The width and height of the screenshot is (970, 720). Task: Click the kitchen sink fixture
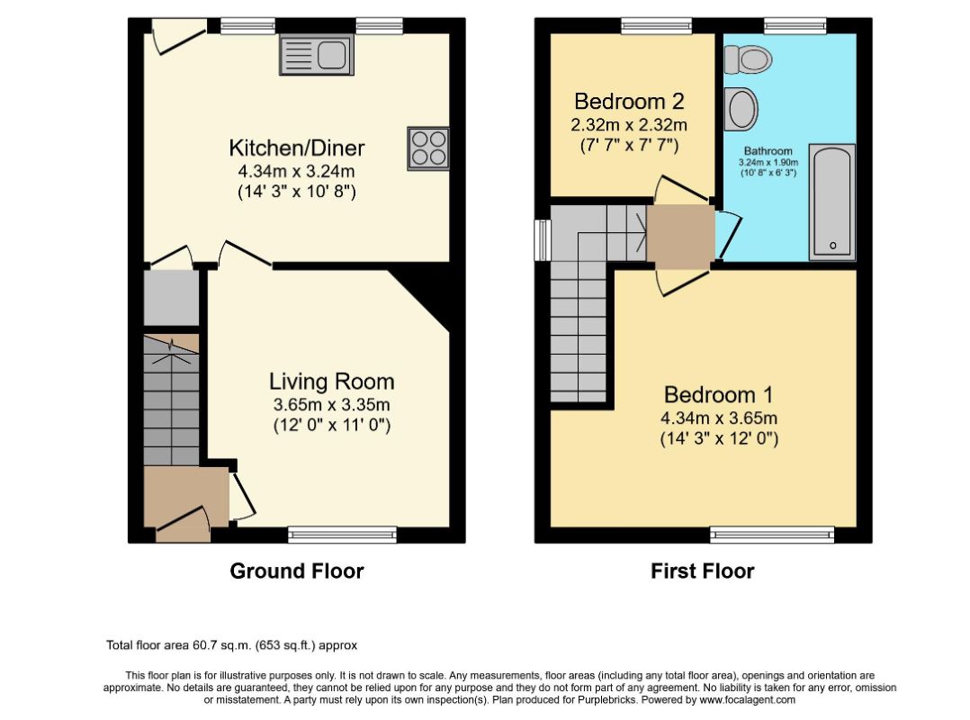point(317,54)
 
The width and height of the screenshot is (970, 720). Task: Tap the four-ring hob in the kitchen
point(428,148)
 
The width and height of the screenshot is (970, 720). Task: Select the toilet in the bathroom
point(748,59)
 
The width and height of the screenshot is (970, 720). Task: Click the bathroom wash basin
point(741,109)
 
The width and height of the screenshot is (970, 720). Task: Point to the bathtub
point(832,202)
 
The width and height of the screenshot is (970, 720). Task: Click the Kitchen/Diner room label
point(297,148)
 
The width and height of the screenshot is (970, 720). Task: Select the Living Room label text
point(331,381)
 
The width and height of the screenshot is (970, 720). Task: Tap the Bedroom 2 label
point(630,101)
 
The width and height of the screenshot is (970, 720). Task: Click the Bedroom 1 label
point(719,394)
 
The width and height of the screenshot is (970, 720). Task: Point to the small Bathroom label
point(768,151)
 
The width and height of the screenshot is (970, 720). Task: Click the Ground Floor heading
point(297,571)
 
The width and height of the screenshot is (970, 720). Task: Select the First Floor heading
point(703,571)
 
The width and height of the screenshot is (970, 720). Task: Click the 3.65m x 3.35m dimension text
point(331,405)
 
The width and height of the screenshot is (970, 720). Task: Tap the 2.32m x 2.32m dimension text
point(629,125)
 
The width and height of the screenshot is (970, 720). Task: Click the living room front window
point(343,535)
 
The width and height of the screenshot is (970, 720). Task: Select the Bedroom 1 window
point(772,535)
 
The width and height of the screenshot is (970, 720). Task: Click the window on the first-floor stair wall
point(543,240)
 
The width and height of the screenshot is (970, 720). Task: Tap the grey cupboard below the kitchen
point(171,298)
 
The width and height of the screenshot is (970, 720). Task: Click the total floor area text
point(232,646)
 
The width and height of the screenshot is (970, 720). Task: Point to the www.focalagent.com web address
point(747,700)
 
